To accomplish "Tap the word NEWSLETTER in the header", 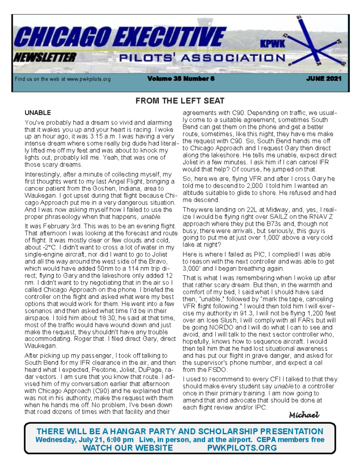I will pyautogui.click(x=44, y=57).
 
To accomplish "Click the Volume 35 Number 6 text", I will pyautogui.click(x=181, y=79).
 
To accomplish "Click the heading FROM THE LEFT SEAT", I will pyautogui.click(x=180, y=101).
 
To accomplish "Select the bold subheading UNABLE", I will pyautogui.click(x=38, y=112).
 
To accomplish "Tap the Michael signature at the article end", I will pyautogui.click(x=304, y=415).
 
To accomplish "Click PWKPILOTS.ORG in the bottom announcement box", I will pyautogui.click(x=242, y=448).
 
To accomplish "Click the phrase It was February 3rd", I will pyautogui.click(x=51, y=226).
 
